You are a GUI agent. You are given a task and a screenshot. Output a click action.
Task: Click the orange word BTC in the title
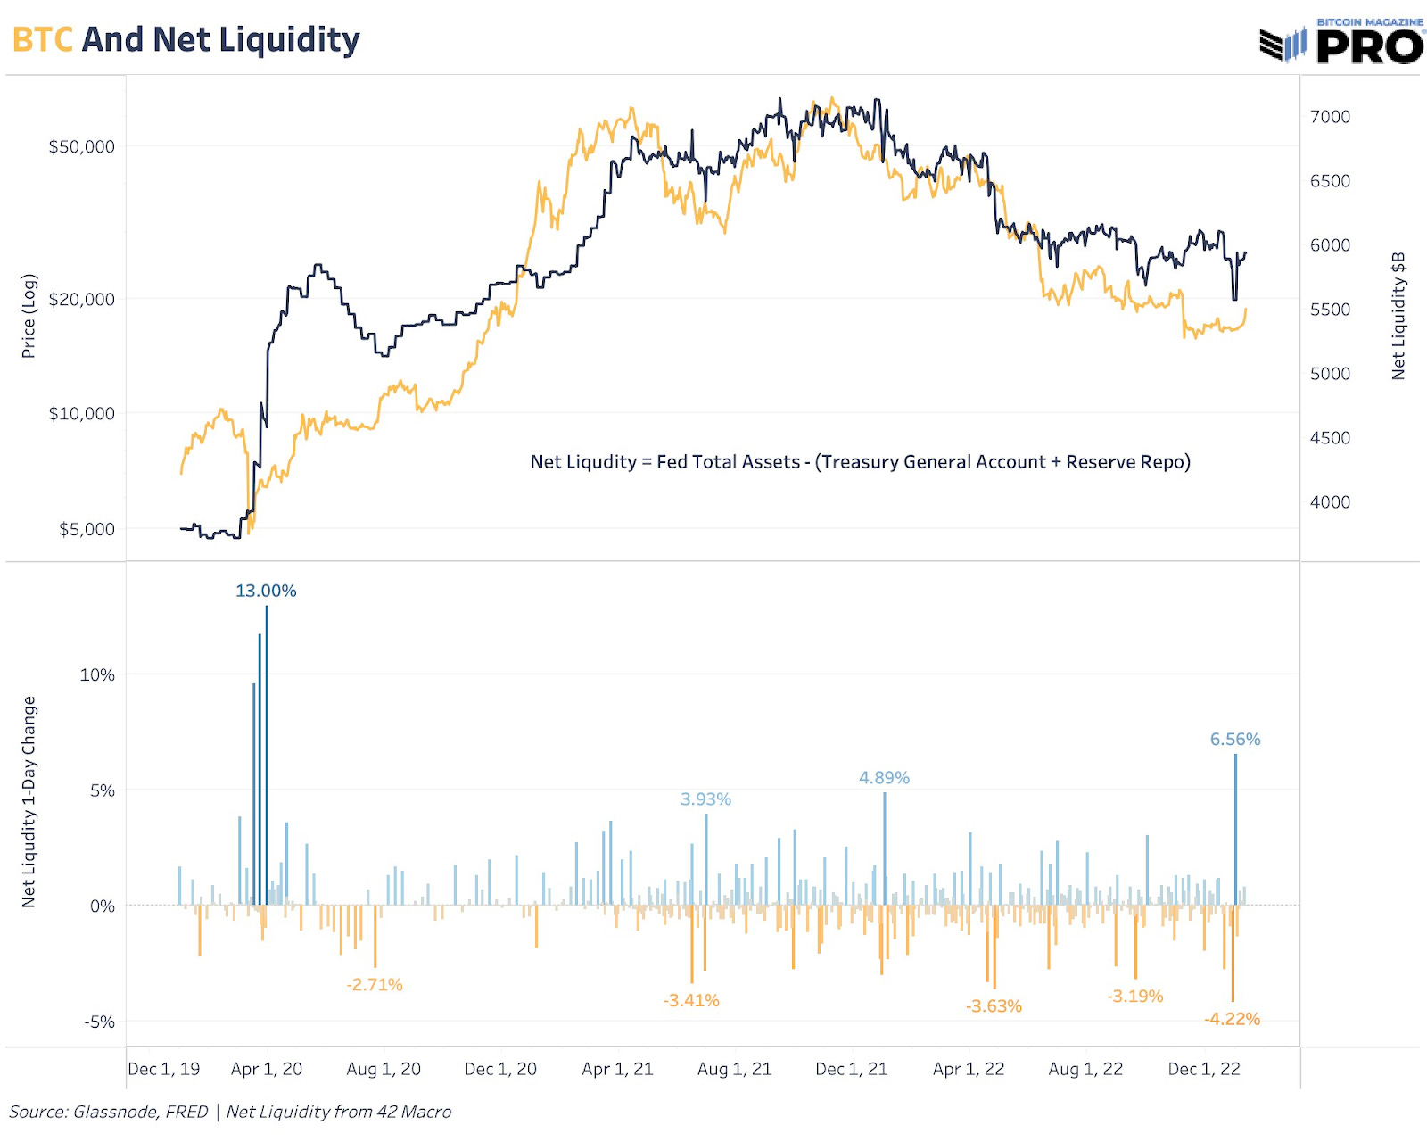pos(42,40)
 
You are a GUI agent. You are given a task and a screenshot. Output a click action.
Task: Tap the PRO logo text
pos(1369,46)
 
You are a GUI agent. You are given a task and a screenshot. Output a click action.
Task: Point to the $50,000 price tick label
pos(81,146)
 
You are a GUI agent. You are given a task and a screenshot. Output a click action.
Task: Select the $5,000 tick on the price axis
pos(87,529)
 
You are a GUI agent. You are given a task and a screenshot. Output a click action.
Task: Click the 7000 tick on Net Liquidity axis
pos(1330,117)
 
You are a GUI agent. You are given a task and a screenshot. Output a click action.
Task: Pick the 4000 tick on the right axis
pos(1330,502)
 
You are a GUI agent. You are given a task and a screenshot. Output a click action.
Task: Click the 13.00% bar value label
pos(266,591)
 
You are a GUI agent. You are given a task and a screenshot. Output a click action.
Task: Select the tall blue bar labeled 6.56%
pos(1235,830)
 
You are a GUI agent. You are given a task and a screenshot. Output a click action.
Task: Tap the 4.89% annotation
pos(884,778)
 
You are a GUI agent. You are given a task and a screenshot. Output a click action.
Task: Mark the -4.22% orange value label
pos(1232,1019)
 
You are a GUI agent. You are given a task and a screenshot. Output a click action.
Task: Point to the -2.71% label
pos(375,985)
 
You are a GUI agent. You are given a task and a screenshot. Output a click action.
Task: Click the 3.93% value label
pos(705,799)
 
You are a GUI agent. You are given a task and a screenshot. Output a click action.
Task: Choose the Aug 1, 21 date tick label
pos(734,1069)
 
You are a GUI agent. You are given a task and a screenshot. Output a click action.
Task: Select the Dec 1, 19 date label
pos(164,1069)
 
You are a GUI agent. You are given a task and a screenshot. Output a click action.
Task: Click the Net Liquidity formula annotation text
pos(860,462)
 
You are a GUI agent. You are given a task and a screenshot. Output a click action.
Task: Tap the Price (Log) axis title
pos(29,316)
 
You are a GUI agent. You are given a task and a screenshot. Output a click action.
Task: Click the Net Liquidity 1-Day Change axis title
pos(29,801)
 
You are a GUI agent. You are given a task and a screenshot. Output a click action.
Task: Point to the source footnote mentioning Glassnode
pos(230,1112)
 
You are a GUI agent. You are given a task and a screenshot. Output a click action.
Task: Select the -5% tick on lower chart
pos(99,1022)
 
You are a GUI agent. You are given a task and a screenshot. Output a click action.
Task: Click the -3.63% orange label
pos(994,1006)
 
